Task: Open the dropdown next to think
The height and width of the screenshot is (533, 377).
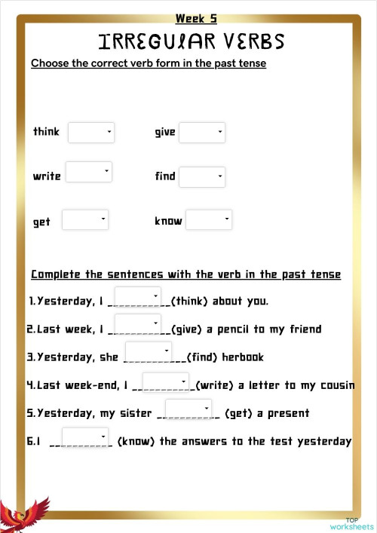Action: point(90,133)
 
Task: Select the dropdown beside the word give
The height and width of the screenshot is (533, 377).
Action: point(202,133)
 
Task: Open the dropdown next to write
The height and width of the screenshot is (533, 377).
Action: point(89,172)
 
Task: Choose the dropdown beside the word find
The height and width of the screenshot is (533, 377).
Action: point(202,177)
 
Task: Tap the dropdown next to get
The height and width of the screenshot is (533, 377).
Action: point(85,220)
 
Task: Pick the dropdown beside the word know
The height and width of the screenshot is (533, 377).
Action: point(209,220)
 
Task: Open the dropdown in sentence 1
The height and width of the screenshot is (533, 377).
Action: point(138,297)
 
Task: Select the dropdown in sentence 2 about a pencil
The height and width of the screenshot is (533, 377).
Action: point(138,325)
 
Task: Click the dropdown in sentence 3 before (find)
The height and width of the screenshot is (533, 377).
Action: point(149,352)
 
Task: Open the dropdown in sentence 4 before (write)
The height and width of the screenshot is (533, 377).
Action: point(166,382)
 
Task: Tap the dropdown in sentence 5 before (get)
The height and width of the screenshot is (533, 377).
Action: point(188,409)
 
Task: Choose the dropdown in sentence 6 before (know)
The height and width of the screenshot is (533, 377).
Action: point(85,437)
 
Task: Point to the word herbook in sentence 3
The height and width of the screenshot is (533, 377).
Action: point(243,357)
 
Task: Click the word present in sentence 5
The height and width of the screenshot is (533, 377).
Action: point(284,414)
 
